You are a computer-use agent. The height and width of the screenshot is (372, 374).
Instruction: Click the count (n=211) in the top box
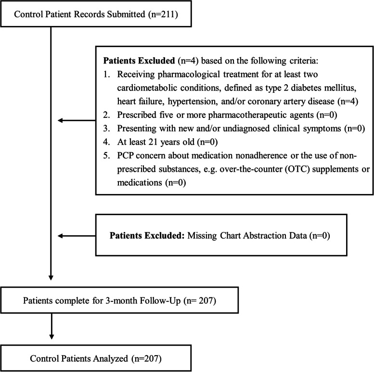pos(163,14)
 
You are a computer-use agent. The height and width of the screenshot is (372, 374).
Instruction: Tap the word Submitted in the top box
pos(126,14)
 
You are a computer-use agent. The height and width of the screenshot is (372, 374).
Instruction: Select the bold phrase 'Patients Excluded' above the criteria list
pos(139,61)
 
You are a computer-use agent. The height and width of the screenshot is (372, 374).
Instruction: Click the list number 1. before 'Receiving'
pos(106,75)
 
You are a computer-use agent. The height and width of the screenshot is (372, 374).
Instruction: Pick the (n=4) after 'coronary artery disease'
pos(348,102)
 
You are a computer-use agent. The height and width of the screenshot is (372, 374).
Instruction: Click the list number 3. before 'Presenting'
pos(107,128)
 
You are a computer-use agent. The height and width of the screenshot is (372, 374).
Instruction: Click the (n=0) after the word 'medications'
pos(175,183)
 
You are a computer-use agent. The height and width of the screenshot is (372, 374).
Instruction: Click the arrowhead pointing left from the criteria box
pos(60,120)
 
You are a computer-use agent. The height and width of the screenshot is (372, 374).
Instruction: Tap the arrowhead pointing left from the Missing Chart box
pos(60,236)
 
